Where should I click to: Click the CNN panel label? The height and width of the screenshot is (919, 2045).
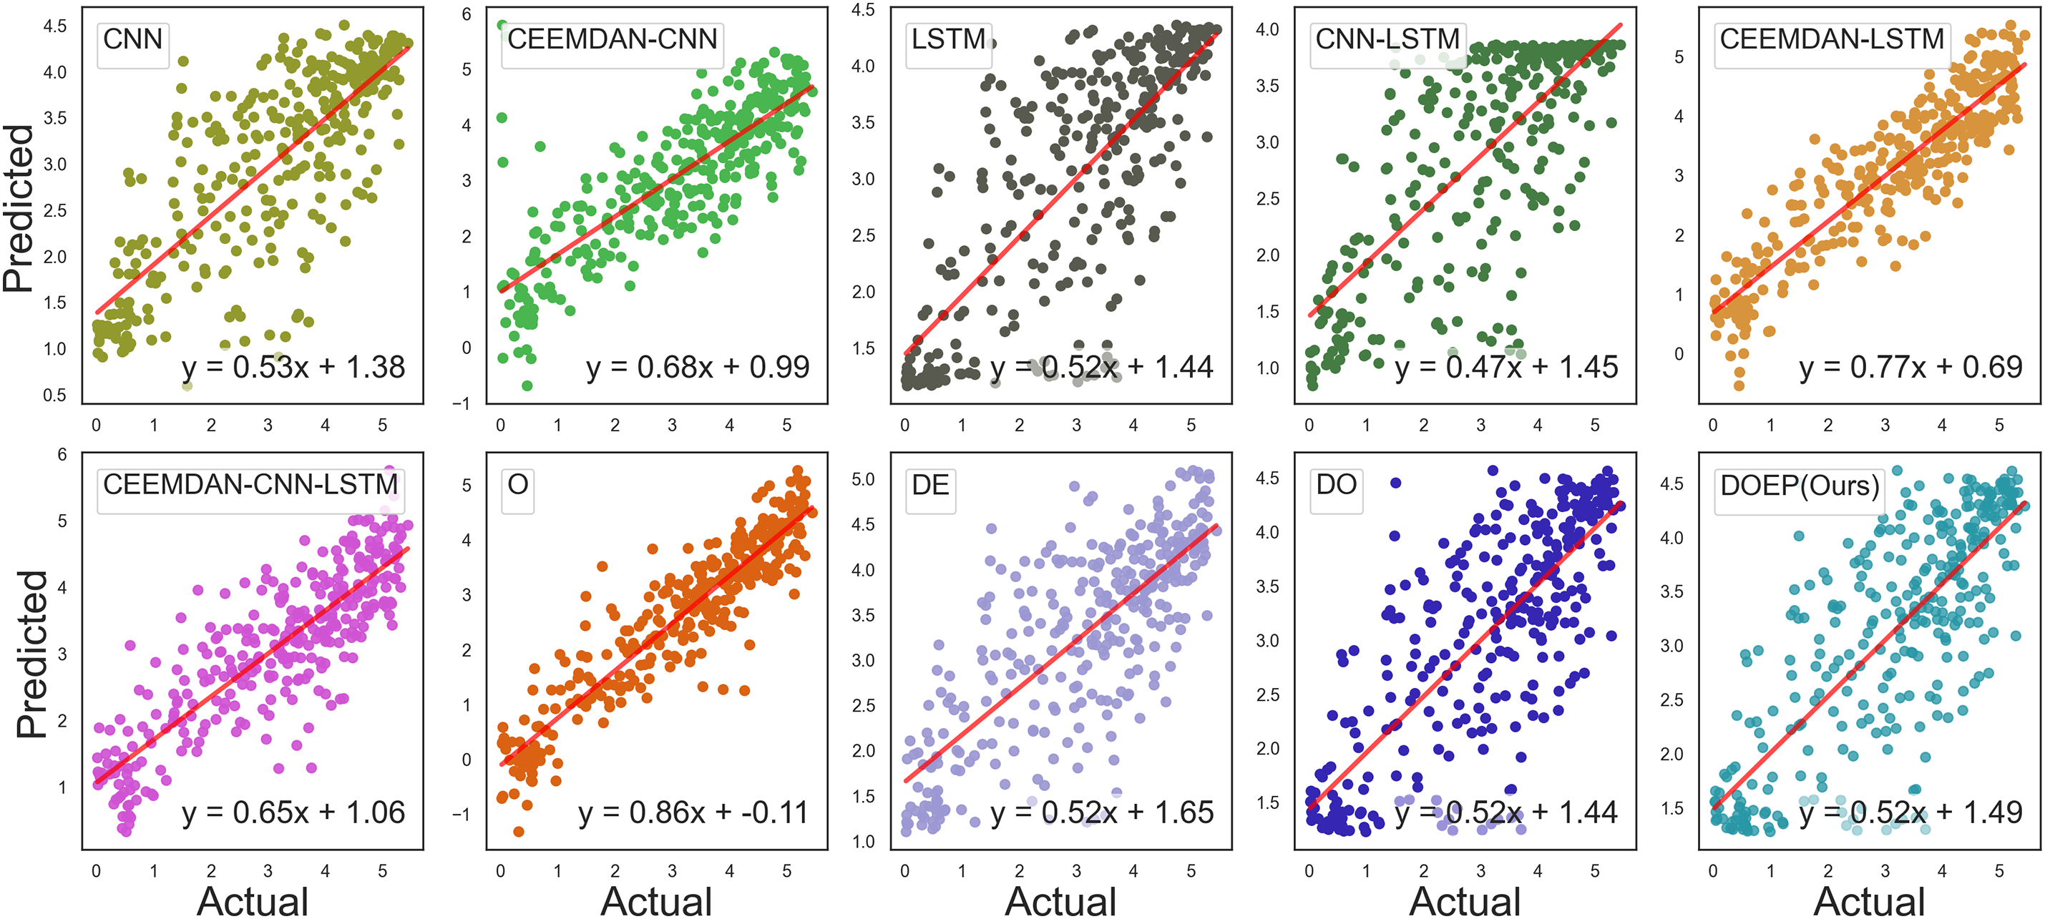[x=132, y=39]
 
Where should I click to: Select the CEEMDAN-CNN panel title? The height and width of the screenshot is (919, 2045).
[x=612, y=39]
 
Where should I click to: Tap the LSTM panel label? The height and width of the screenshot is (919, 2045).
[x=949, y=39]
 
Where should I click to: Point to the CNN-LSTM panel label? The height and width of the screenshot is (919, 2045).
[x=1387, y=39]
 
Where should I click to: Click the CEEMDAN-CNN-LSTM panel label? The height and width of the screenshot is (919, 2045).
[x=250, y=484]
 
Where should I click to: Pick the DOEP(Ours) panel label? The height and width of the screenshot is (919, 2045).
[x=1800, y=485]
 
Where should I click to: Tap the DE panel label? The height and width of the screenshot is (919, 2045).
[x=930, y=485]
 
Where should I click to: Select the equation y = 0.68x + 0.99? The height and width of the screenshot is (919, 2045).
[x=697, y=368]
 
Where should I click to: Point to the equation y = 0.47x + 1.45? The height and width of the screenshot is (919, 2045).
[x=1506, y=368]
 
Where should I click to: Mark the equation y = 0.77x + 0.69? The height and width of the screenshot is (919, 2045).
[x=1910, y=368]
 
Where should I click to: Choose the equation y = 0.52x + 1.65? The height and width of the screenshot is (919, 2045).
[x=1102, y=812]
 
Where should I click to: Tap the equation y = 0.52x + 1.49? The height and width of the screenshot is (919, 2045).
[x=1910, y=812]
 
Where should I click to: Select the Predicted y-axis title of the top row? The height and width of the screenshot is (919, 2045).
[x=19, y=208]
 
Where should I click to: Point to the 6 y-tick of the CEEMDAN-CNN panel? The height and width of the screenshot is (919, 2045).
[x=467, y=14]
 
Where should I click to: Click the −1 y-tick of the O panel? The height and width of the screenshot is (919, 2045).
[x=462, y=815]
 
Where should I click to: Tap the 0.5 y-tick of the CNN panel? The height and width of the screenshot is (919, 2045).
[x=55, y=395]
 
